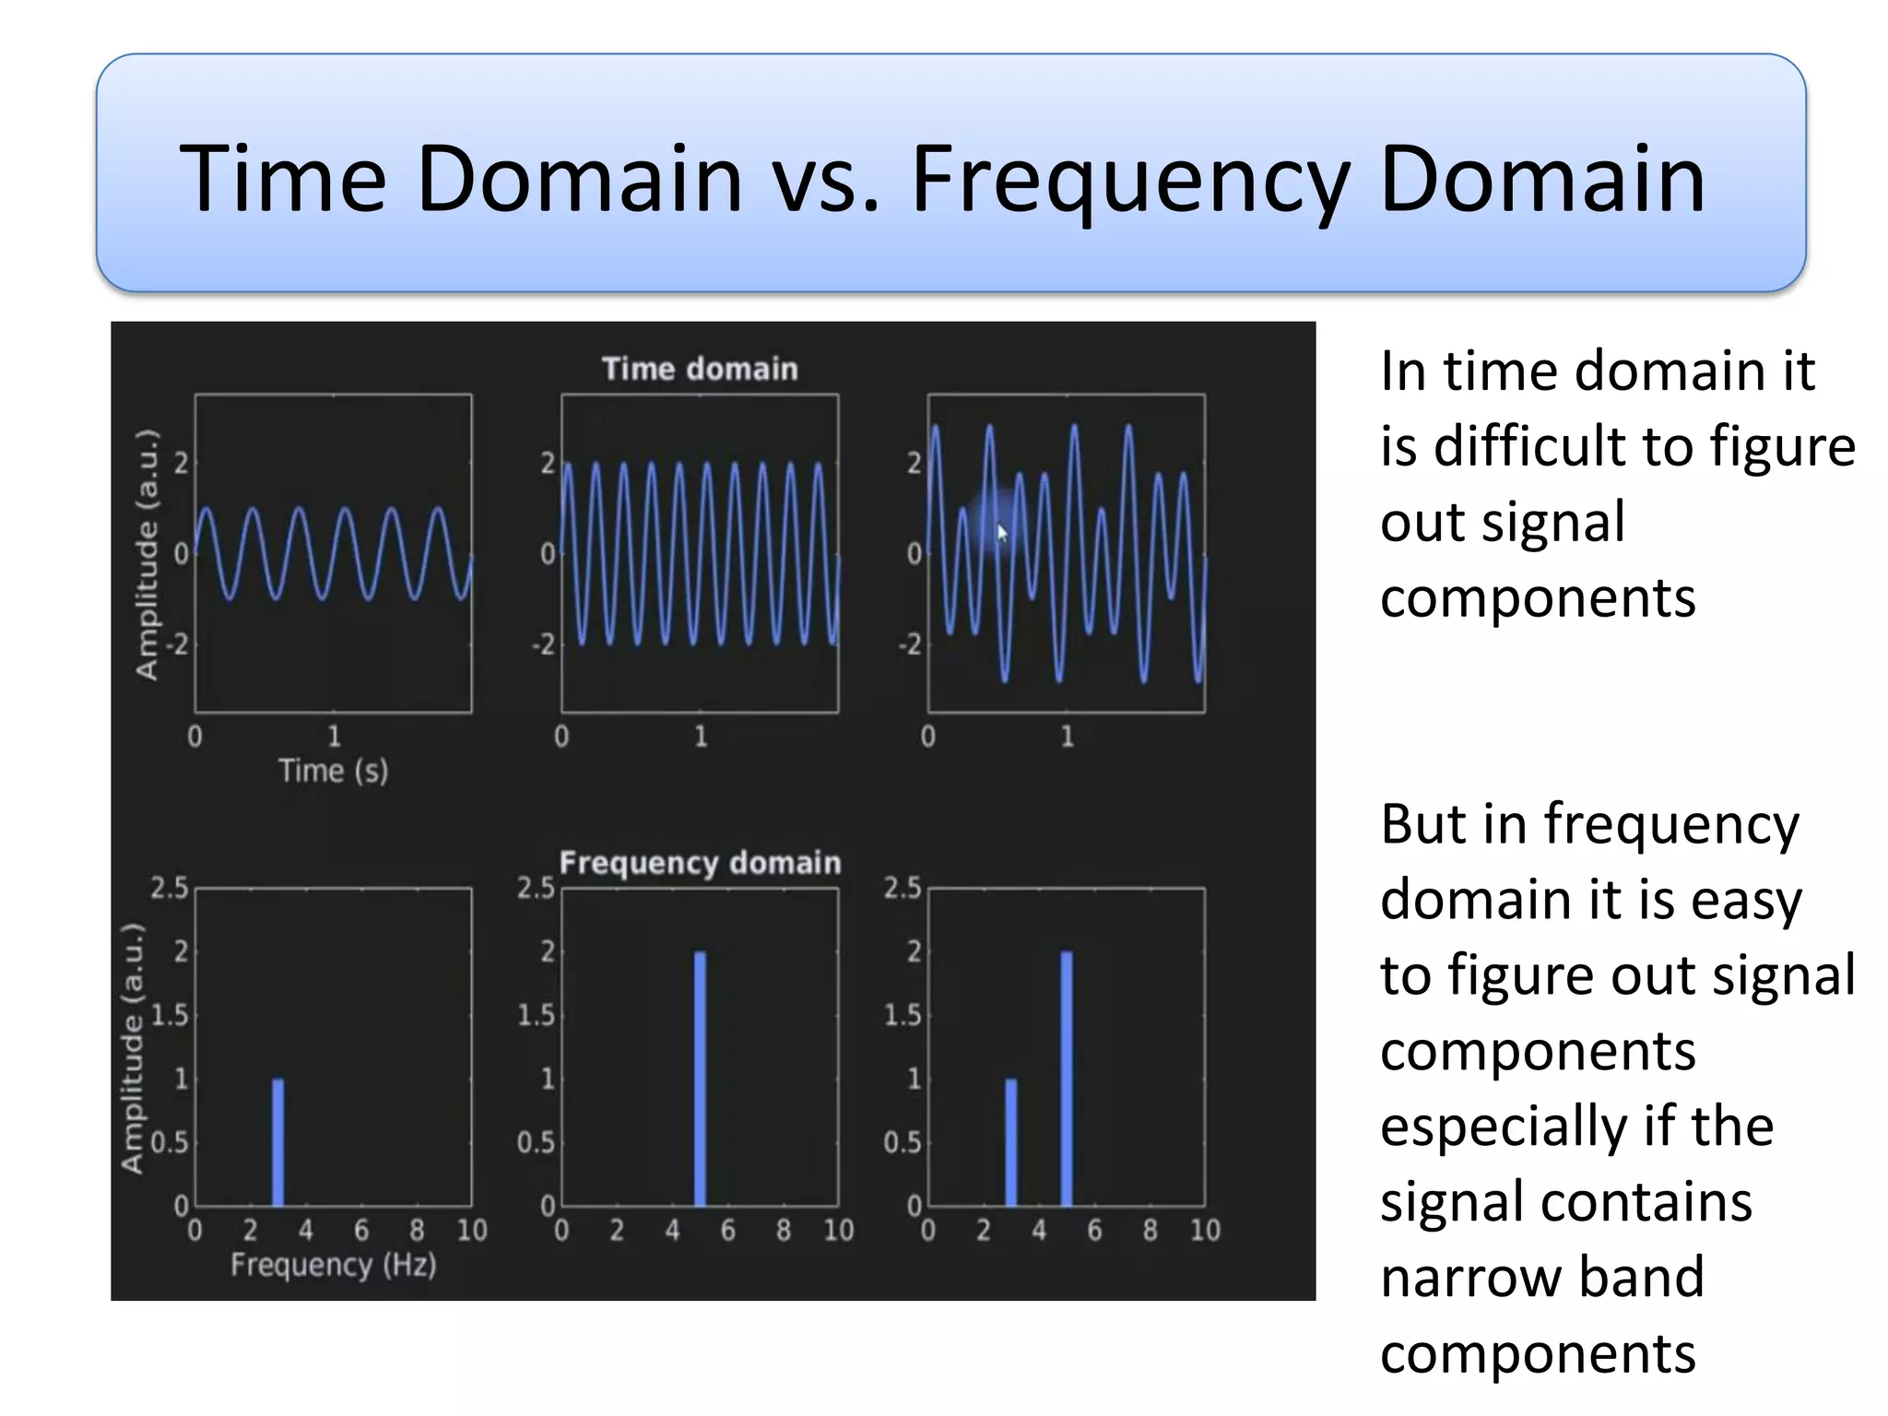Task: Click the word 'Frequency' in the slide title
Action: click(1130, 180)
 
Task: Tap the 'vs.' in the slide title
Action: click(826, 180)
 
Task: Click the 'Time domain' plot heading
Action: click(700, 369)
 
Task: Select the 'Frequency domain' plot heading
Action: click(700, 863)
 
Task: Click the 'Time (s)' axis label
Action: click(333, 771)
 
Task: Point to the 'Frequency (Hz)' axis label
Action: click(333, 1265)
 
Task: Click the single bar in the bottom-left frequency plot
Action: click(278, 1143)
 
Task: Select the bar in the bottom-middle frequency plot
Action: click(700, 1079)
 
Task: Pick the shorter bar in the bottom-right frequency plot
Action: click(1011, 1143)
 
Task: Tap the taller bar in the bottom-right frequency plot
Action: click(1067, 1079)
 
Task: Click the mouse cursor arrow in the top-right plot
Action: click(1002, 533)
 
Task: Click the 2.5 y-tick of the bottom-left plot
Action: click(170, 888)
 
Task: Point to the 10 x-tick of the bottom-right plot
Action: click(1205, 1230)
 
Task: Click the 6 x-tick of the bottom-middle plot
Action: click(728, 1230)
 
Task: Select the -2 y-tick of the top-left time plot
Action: click(177, 644)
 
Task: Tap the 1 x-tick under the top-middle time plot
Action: click(701, 737)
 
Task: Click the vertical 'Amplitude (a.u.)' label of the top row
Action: click(147, 554)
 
